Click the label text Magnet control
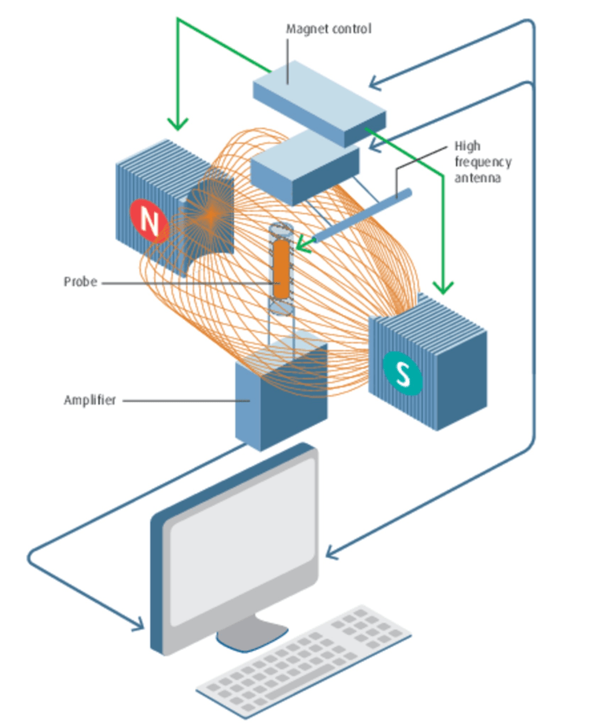(x=328, y=29)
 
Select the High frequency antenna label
(x=483, y=162)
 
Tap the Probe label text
(x=80, y=281)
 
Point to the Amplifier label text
(x=90, y=400)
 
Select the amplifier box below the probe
(x=279, y=394)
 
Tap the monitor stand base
(x=250, y=635)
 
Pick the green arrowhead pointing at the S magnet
(x=445, y=286)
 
